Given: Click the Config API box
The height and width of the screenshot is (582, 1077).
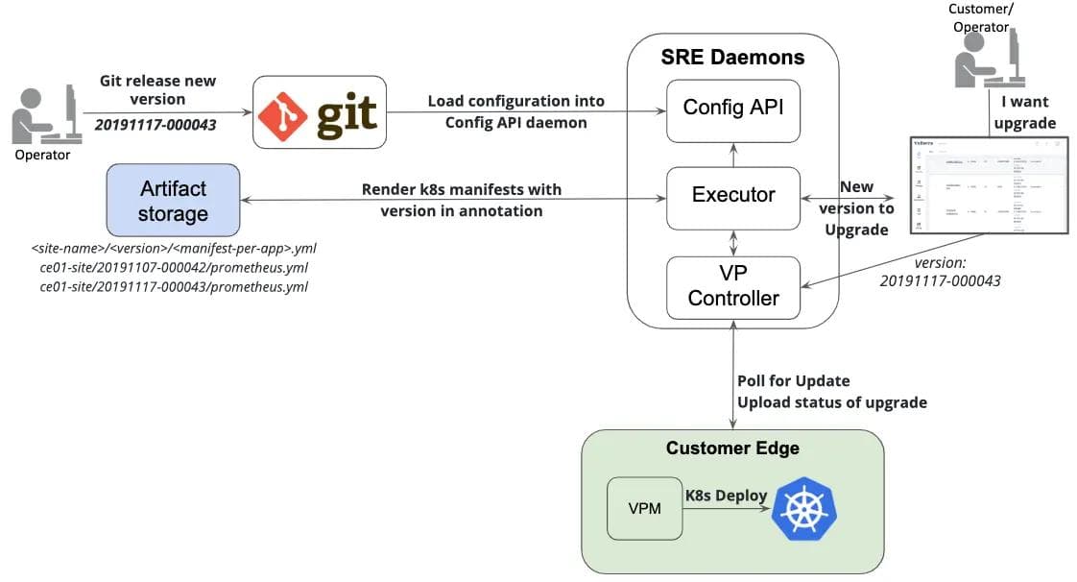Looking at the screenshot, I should click(x=733, y=108).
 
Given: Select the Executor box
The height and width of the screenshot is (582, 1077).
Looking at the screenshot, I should click(x=733, y=196).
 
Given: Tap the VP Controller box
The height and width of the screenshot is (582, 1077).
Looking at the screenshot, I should click(x=733, y=286).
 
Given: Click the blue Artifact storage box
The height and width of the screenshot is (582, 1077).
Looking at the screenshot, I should click(x=173, y=199).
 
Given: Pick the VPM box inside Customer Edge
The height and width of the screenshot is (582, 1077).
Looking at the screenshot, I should click(x=644, y=508).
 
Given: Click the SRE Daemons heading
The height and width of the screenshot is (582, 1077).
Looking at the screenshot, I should click(x=732, y=58).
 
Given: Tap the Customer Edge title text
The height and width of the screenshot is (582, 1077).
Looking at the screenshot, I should click(x=731, y=449).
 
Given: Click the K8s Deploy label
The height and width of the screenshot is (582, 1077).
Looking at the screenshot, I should click(x=726, y=496).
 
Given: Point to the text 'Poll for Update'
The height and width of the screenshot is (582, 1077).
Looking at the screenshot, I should click(x=793, y=380).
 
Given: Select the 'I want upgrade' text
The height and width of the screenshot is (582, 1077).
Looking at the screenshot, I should click(x=1025, y=112).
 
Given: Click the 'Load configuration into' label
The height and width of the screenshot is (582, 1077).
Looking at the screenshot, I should click(x=515, y=100).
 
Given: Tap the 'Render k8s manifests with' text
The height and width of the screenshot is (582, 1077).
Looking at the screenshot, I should click(x=461, y=189).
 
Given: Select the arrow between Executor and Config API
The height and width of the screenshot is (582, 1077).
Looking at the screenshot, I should click(x=733, y=152).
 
